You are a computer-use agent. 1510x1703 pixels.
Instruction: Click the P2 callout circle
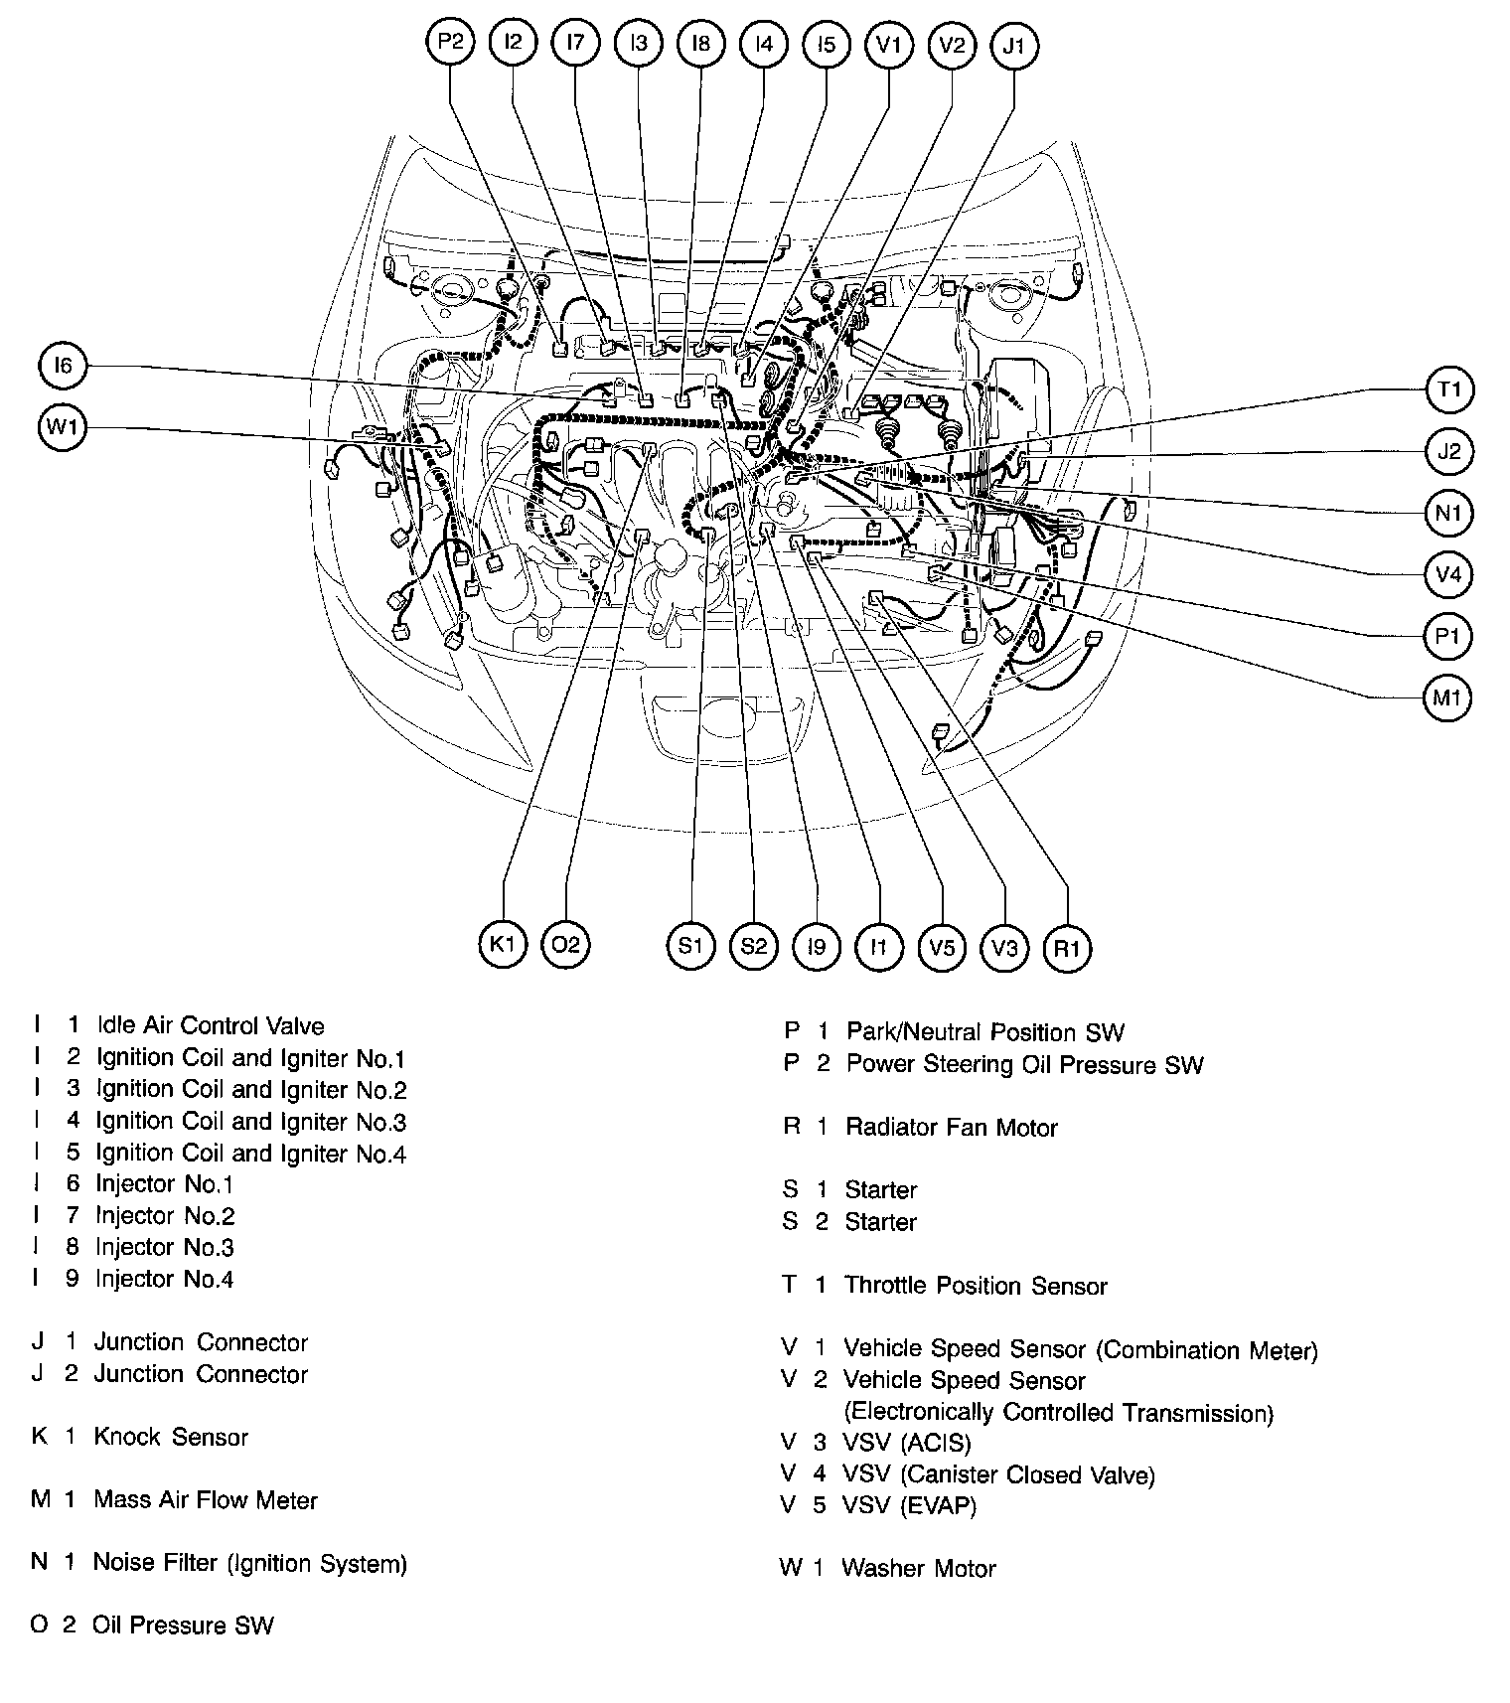tap(450, 43)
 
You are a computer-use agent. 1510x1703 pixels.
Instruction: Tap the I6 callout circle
tap(63, 367)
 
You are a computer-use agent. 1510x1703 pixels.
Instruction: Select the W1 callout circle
tap(63, 428)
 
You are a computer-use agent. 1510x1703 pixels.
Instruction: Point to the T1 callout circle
tap(1448, 389)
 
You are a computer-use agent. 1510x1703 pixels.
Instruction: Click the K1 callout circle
tap(503, 945)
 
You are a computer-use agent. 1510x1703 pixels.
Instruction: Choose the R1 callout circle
tap(1067, 948)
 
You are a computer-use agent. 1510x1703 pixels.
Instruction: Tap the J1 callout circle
tap(1013, 45)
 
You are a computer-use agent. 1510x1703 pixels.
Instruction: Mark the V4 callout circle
tap(1448, 574)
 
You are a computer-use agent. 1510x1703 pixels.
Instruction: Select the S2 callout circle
tap(753, 946)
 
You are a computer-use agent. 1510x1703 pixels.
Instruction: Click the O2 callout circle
tap(565, 945)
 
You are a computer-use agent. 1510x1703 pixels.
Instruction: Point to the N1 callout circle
tap(1448, 513)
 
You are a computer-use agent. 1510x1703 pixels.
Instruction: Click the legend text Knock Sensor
tap(171, 1437)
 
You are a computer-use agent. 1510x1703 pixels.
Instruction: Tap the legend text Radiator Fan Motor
tap(951, 1128)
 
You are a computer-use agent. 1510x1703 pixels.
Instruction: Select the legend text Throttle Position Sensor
tap(975, 1286)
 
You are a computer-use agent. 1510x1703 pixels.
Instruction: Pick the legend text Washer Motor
tap(918, 1569)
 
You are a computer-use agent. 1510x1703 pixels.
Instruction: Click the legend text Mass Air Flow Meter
tap(206, 1499)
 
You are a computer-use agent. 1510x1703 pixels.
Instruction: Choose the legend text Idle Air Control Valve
tap(210, 1025)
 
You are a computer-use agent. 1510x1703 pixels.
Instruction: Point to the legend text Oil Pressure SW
tap(183, 1626)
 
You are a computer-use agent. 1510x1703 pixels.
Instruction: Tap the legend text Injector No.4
tap(164, 1279)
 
